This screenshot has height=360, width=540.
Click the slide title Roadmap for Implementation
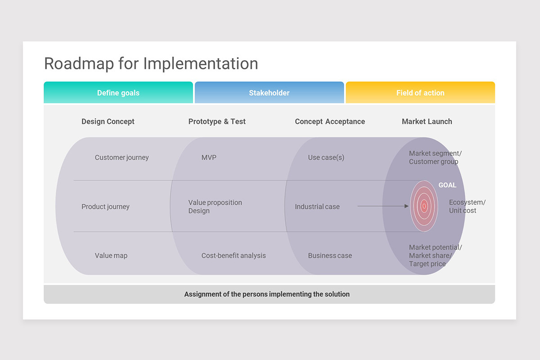pos(151,63)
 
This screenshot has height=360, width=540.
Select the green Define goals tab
pos(118,93)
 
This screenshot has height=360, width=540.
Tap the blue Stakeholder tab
pos(269,93)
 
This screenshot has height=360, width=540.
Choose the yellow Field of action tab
pos(420,93)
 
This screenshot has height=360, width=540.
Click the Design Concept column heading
pos(108,121)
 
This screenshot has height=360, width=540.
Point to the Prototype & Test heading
pos(217,121)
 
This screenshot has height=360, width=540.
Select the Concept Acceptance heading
pos(330,121)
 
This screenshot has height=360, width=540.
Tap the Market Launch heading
pos(427,121)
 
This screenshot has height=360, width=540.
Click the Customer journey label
pos(121,157)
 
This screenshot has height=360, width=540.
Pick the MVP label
pos(209,157)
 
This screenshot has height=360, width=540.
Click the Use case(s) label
pos(326,157)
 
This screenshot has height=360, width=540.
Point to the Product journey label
pos(105,207)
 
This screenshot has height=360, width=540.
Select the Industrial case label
pos(317,207)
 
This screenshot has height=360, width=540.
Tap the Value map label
pos(111,256)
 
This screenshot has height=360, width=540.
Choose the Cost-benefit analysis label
pos(234,256)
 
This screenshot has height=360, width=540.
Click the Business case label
pos(330,256)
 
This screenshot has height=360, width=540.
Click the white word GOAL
pos(447,185)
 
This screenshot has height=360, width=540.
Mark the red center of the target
pos(424,206)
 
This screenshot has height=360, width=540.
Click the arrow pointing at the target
pos(382,206)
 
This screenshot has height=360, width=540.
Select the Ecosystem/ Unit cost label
pos(467,207)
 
